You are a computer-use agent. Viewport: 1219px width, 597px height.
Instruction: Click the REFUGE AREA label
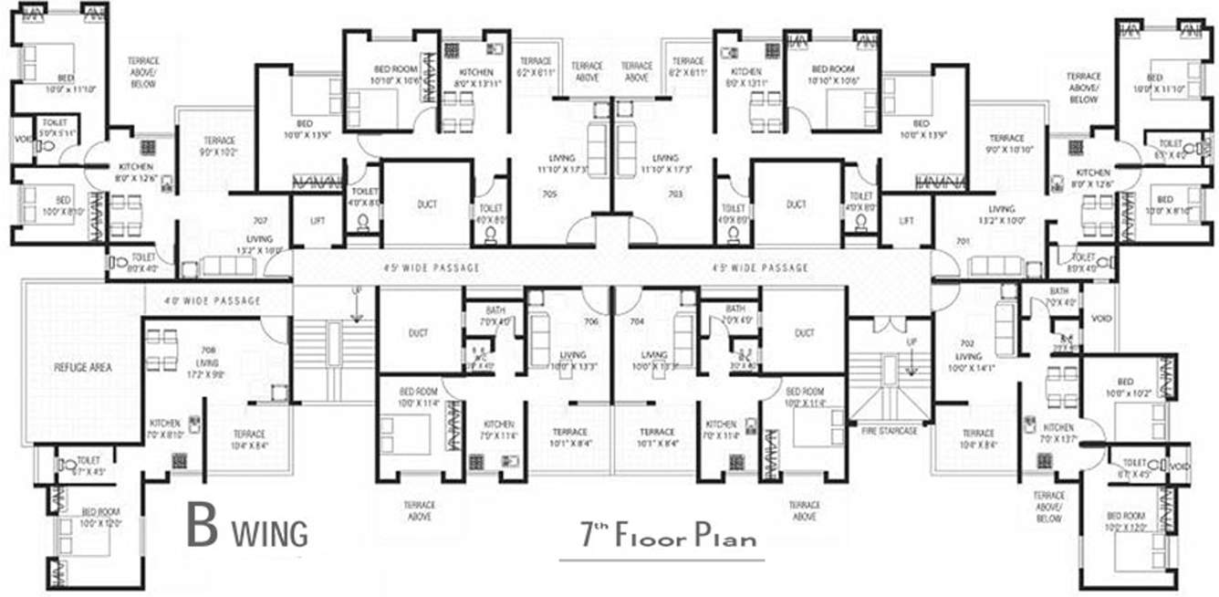pyautogui.click(x=82, y=367)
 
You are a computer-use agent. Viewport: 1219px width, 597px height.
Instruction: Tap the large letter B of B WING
pyautogui.click(x=203, y=527)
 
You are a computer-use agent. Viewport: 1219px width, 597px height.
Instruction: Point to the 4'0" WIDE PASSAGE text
pyautogui.click(x=212, y=301)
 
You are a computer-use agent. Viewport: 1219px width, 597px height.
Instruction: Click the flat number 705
pyautogui.click(x=574, y=194)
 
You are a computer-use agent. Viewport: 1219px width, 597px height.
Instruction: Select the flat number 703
pyautogui.click(x=675, y=194)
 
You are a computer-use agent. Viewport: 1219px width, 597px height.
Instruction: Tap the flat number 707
pyautogui.click(x=260, y=221)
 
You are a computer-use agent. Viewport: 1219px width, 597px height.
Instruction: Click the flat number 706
pyautogui.click(x=590, y=321)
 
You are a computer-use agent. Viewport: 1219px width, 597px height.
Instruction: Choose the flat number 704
pyautogui.click(x=638, y=321)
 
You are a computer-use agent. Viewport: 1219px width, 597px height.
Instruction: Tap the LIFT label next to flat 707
pyautogui.click(x=318, y=221)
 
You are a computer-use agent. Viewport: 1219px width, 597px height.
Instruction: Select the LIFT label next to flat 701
pyautogui.click(x=906, y=221)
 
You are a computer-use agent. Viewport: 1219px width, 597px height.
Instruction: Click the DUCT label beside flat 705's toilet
pyautogui.click(x=427, y=204)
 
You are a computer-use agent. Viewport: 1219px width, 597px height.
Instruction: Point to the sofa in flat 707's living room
pyautogui.click(x=227, y=266)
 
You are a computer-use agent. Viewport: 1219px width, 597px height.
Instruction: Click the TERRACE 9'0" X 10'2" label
pyautogui.click(x=219, y=146)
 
